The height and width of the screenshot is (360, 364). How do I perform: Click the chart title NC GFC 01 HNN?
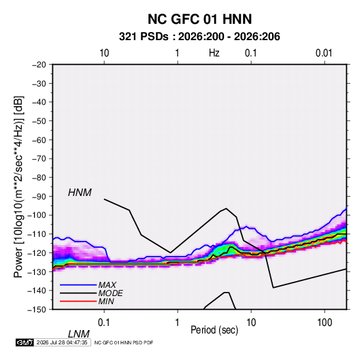[199, 19]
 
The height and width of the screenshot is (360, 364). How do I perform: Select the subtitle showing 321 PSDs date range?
[199, 37]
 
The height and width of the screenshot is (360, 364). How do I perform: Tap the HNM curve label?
[80, 193]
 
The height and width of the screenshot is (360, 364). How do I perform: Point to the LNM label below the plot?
[78, 334]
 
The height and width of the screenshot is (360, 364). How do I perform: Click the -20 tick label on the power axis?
[39, 65]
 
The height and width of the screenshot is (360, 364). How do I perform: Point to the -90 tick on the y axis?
[39, 197]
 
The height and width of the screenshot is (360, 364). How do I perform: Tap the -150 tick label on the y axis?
[37, 310]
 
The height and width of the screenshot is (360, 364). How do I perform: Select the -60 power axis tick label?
[39, 140]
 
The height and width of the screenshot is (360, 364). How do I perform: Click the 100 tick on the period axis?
[325, 323]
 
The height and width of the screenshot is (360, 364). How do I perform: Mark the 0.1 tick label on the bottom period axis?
[104, 323]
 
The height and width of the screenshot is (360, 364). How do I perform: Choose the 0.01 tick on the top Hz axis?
[324, 53]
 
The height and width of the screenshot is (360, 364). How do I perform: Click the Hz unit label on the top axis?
[214, 53]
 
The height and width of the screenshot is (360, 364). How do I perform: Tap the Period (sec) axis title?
[214, 330]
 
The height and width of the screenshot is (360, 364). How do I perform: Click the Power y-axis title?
[18, 187]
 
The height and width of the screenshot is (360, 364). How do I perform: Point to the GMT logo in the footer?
[24, 342]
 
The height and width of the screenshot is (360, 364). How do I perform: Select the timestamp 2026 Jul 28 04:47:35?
[62, 342]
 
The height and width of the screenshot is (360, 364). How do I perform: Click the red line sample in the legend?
[78, 301]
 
